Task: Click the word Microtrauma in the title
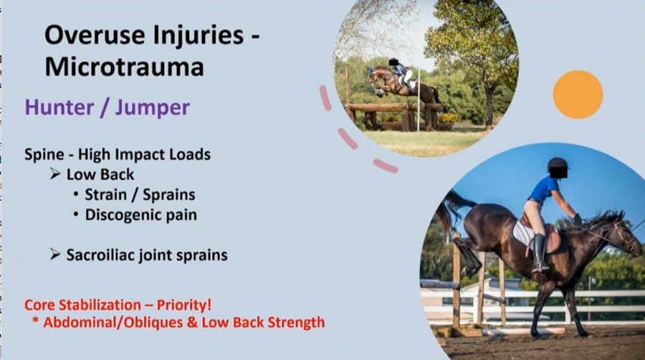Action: (x=124, y=67)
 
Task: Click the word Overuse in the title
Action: (x=95, y=34)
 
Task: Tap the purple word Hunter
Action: (x=59, y=108)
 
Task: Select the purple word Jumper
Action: (x=152, y=108)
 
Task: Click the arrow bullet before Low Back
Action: (x=55, y=174)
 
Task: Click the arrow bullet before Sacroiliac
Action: (x=55, y=255)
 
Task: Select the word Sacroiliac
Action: (x=101, y=255)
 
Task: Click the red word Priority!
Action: (x=184, y=305)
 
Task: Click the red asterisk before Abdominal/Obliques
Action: (x=35, y=320)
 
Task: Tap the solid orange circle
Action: (x=578, y=95)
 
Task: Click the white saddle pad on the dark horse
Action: (x=524, y=233)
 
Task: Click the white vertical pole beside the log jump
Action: (x=419, y=100)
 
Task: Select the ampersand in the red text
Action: (x=192, y=322)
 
